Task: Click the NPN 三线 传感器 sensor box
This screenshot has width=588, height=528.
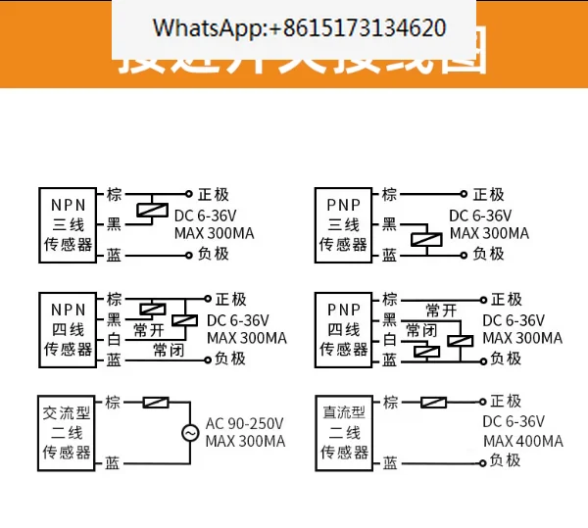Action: coord(69,224)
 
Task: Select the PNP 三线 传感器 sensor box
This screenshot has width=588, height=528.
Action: coord(343,224)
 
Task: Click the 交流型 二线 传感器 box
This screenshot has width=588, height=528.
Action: coord(69,431)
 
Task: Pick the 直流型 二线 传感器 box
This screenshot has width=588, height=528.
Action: coord(343,431)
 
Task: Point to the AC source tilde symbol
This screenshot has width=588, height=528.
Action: coord(190,432)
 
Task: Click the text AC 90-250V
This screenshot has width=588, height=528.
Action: coord(245,423)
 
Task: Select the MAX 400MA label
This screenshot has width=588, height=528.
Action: coord(523,442)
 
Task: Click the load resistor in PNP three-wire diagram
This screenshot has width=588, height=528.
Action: coord(423,238)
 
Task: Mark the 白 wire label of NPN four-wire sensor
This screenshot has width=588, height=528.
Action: coord(115,339)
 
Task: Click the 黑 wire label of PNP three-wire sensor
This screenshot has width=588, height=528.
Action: coord(389,224)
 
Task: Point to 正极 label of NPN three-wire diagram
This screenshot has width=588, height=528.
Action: coord(213,194)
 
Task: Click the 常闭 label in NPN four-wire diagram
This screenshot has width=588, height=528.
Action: coord(168,350)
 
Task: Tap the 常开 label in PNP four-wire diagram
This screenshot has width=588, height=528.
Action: coord(440,311)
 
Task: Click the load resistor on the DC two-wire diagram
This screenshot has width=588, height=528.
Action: coord(433,402)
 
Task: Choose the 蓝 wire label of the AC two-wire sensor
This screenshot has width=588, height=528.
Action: coord(115,461)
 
